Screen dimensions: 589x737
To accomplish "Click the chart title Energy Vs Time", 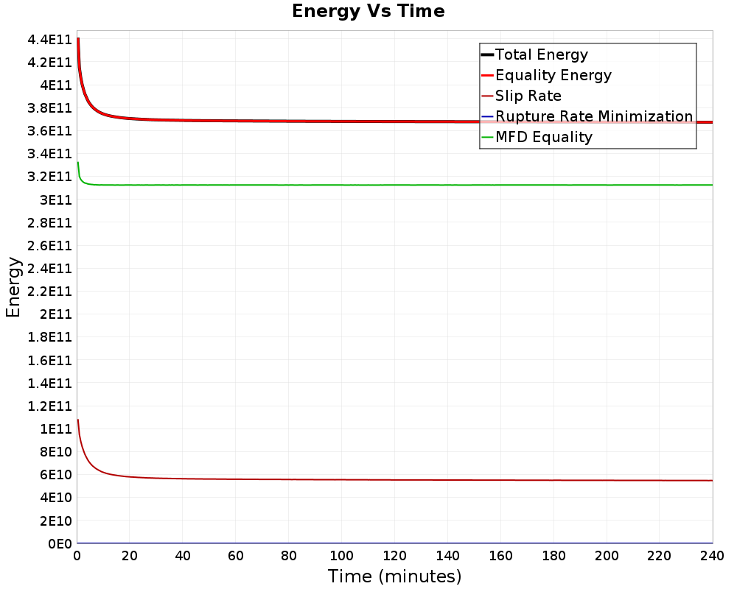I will [368, 12].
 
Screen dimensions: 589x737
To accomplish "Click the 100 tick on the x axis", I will [341, 556].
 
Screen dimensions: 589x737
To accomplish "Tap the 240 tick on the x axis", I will [712, 556].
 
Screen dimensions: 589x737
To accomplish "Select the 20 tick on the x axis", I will [130, 556].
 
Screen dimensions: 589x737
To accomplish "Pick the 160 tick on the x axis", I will [500, 556].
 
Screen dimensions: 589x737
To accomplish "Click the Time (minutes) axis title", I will [394, 576].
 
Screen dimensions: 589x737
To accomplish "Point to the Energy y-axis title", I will [13, 286].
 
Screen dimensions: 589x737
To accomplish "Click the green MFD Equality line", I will [368, 185].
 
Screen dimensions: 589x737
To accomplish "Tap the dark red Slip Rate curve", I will [368, 479].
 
